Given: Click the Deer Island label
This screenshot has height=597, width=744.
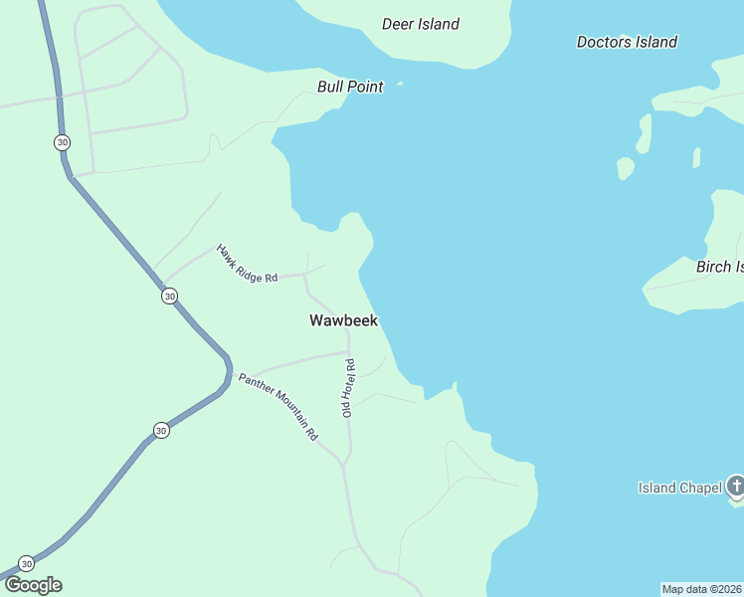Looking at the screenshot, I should click(421, 24).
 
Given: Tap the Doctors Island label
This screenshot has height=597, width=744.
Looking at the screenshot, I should click(627, 42).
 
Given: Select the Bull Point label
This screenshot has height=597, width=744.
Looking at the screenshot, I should click(350, 87).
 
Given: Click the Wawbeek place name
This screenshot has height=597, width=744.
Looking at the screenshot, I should click(343, 320).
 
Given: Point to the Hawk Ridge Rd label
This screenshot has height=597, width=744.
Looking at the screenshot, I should click(247, 264).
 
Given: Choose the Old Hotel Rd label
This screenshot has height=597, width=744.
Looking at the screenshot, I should click(349, 388).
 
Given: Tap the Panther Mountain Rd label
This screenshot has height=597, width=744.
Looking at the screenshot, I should click(278, 406).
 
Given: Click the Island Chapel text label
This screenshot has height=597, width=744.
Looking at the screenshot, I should click(679, 488).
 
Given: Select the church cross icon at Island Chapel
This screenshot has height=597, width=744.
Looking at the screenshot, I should click(736, 487).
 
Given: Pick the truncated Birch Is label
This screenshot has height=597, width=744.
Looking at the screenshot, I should click(719, 267).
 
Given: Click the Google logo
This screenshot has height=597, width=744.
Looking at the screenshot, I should click(33, 585).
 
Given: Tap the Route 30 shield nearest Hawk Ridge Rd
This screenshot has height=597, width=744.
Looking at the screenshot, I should click(170, 296).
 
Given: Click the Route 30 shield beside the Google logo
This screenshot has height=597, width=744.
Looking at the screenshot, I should click(27, 563).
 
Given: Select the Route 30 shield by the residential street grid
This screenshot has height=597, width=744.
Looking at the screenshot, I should click(63, 142).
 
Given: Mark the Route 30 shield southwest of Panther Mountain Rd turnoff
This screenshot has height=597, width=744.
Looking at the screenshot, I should click(161, 430).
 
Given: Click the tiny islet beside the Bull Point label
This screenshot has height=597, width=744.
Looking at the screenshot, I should click(400, 84).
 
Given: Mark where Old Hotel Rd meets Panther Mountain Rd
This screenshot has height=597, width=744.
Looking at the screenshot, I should click(344, 464).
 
